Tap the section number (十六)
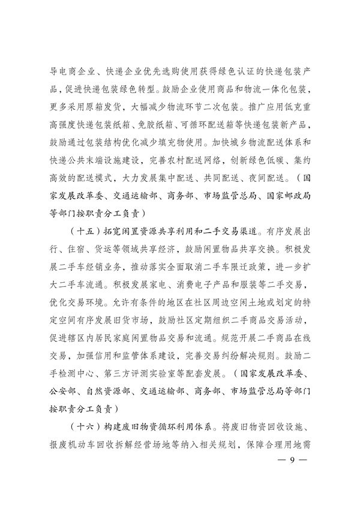pos(87,427)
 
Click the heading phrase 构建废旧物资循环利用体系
pos(161,427)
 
